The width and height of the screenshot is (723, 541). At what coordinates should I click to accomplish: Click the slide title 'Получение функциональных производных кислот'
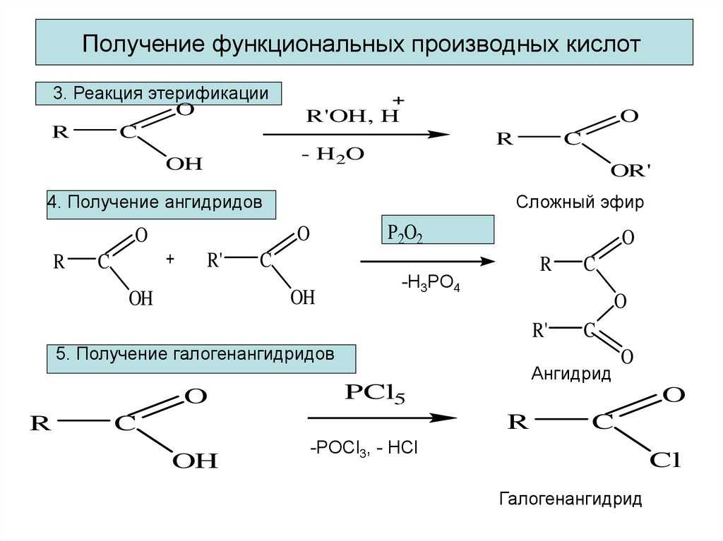(x=361, y=44)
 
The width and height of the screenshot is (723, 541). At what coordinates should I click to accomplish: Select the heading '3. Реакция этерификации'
(x=160, y=94)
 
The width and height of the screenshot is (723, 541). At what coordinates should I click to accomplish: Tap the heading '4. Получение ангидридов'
(x=155, y=202)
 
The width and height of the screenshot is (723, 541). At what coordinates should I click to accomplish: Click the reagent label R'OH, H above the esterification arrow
(x=352, y=117)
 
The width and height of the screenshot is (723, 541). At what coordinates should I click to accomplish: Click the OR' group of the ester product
(x=631, y=171)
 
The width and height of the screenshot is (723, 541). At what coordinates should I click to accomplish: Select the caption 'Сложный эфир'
(x=580, y=203)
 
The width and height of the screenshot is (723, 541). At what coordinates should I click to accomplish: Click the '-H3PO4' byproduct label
(x=431, y=284)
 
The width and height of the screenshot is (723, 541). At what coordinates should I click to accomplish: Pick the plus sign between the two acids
(x=170, y=260)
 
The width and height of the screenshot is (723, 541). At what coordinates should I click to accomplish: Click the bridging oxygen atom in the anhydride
(x=620, y=302)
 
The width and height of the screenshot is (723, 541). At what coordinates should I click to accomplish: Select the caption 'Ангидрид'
(x=570, y=374)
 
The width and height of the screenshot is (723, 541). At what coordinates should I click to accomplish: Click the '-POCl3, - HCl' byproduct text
(x=364, y=448)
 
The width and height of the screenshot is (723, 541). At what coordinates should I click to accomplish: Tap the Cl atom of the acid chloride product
(x=665, y=461)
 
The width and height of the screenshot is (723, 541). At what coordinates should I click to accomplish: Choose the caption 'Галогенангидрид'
(x=570, y=500)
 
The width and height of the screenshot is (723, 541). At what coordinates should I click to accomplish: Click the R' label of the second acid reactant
(x=215, y=260)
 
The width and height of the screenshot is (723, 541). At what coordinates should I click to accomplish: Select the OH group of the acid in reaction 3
(x=184, y=164)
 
